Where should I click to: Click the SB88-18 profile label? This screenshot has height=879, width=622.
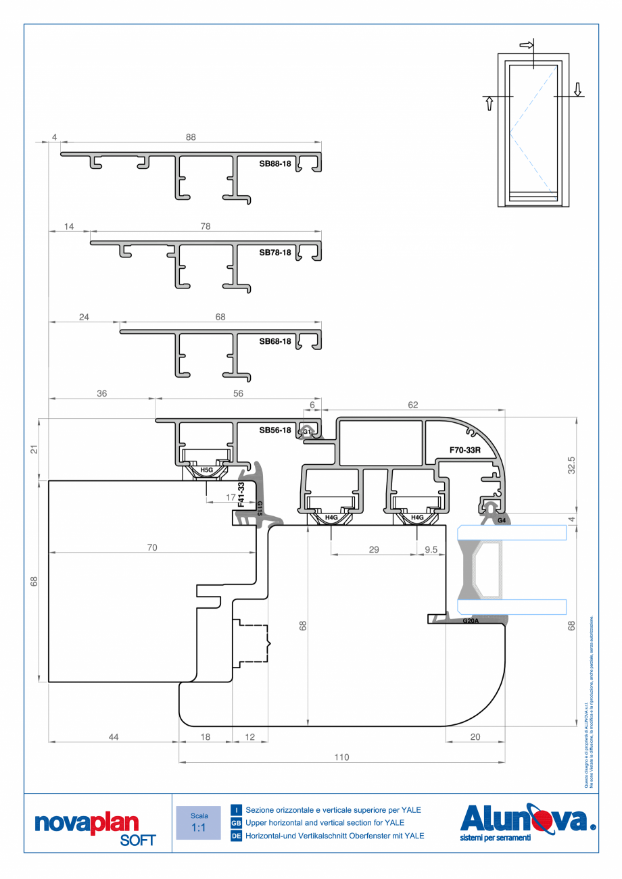click(274, 164)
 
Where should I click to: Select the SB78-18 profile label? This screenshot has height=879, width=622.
click(274, 253)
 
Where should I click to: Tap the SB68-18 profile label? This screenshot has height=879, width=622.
click(274, 342)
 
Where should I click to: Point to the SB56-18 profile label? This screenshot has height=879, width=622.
click(274, 430)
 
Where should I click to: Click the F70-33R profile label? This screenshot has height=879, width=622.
click(464, 449)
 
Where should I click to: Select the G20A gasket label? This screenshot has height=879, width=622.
click(471, 621)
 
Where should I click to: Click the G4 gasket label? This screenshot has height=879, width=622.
click(501, 521)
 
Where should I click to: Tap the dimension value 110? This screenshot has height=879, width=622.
click(341, 757)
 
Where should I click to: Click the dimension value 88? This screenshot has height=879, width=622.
click(191, 137)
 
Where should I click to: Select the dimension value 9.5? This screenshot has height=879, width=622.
click(430, 549)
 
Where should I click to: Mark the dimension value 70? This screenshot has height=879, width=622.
click(152, 548)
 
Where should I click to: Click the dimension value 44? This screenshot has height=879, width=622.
click(113, 737)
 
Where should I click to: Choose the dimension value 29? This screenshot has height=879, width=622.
click(374, 549)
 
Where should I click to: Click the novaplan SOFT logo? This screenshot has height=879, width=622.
click(95, 828)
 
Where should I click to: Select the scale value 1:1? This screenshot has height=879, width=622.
click(199, 828)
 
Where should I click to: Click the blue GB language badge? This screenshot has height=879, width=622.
click(236, 823)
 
